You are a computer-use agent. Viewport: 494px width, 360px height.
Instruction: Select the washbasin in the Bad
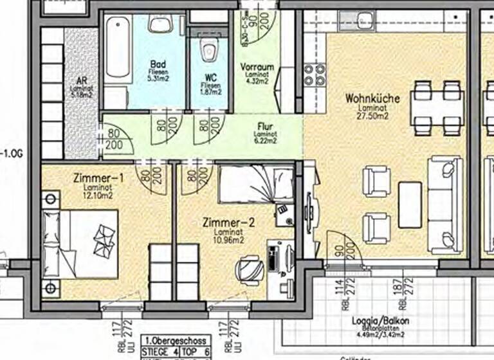[x=158, y=24]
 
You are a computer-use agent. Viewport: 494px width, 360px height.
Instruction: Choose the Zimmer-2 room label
[x=228, y=223]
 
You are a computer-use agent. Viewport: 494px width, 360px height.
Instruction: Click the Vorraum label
[x=257, y=66]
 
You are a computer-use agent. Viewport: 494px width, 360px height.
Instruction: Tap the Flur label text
[x=263, y=126]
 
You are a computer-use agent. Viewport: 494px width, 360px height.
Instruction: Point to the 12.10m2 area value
[x=98, y=195]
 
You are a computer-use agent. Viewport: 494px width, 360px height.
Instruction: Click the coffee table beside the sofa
[x=410, y=204]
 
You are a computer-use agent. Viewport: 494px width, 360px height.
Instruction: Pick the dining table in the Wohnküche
[x=437, y=107]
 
